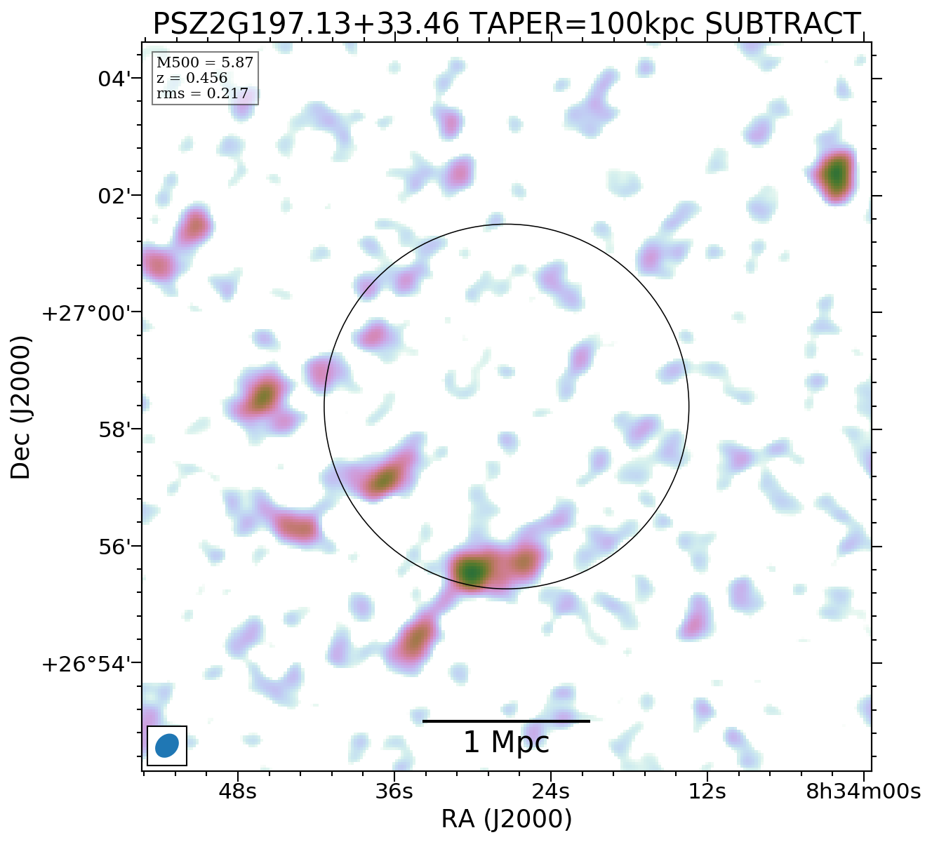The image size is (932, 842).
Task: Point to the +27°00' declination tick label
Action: (x=87, y=313)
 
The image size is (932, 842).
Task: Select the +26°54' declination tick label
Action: (x=87, y=664)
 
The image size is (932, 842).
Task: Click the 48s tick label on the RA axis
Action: (x=237, y=791)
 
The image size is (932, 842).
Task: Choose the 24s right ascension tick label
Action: (x=550, y=791)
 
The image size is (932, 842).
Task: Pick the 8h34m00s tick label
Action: (x=863, y=791)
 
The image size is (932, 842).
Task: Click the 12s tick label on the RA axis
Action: (x=707, y=791)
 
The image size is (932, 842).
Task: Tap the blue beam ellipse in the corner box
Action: (x=167, y=745)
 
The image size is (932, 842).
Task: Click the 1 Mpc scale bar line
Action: (x=506, y=721)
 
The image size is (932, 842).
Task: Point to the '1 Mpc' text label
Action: (x=506, y=743)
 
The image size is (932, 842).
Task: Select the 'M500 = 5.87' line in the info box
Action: (x=205, y=62)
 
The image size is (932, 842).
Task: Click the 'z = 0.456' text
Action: (x=192, y=78)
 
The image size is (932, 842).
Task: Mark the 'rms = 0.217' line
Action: (x=202, y=93)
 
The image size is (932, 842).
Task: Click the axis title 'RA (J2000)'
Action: (x=506, y=820)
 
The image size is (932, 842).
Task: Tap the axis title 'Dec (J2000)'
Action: (x=21, y=407)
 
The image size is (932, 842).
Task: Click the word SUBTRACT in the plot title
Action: (x=782, y=25)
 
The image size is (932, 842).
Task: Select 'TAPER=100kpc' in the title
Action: (x=581, y=25)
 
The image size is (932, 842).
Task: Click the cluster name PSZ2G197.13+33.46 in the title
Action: (x=306, y=25)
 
